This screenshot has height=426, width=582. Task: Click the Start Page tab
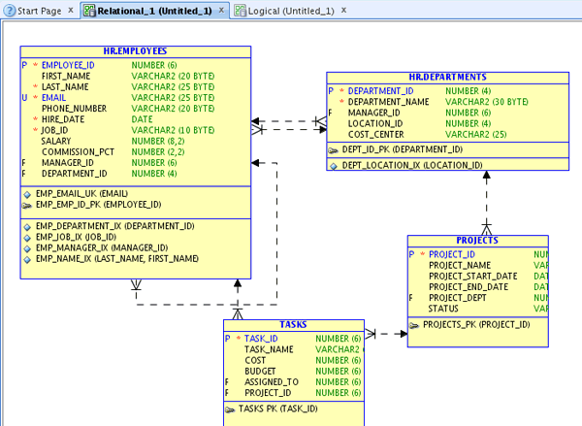tap(39, 10)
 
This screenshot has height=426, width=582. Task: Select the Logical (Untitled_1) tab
tap(291, 10)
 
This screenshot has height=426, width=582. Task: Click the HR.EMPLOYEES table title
tap(135, 51)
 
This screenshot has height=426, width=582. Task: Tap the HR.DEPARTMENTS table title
tap(447, 77)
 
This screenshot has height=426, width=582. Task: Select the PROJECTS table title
tap(477, 240)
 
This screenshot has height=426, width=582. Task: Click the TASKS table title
tap(293, 325)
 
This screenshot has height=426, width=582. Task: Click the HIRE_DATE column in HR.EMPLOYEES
tap(65, 119)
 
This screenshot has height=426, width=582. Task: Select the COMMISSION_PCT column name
tap(78, 152)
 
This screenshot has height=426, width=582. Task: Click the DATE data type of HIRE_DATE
tap(143, 119)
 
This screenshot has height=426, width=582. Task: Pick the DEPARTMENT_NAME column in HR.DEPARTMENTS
tap(388, 102)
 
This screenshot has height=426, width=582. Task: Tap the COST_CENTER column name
tap(376, 135)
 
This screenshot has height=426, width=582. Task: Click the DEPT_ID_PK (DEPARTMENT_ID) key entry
tap(402, 150)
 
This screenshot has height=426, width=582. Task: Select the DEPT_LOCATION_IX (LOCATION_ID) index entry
tap(411, 165)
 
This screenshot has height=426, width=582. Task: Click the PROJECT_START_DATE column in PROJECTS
tap(473, 276)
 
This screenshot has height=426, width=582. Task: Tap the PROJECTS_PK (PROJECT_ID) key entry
tap(475, 325)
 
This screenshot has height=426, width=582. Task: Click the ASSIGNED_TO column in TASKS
tap(272, 382)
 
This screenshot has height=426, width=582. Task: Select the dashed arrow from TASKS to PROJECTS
tap(385, 334)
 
